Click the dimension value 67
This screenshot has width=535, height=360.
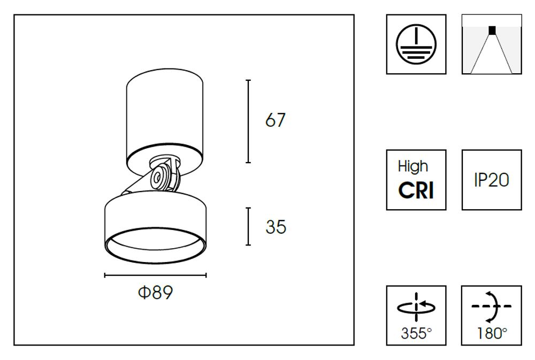click(x=276, y=120)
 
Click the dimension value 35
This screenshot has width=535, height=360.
click(x=276, y=227)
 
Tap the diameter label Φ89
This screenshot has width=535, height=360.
click(x=155, y=293)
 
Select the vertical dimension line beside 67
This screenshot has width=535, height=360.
click(x=248, y=121)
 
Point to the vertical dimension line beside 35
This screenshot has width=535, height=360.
click(x=248, y=227)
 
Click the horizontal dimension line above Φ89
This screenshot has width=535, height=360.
click(x=155, y=275)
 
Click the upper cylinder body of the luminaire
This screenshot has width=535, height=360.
click(x=164, y=112)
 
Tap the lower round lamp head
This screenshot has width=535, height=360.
click(x=155, y=214)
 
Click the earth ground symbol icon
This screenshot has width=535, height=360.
click(x=416, y=44)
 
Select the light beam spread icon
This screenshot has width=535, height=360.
click(x=492, y=44)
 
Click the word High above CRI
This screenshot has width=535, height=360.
click(x=413, y=166)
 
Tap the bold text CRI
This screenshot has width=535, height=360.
click(x=416, y=190)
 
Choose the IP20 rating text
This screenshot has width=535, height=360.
click(x=491, y=180)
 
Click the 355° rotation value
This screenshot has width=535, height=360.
click(x=416, y=334)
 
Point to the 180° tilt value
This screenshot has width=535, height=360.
click(x=491, y=334)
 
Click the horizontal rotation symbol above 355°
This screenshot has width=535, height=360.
click(x=416, y=306)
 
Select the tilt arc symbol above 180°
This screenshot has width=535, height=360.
click(x=492, y=306)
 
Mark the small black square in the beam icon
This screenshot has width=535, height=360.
click(x=492, y=30)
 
